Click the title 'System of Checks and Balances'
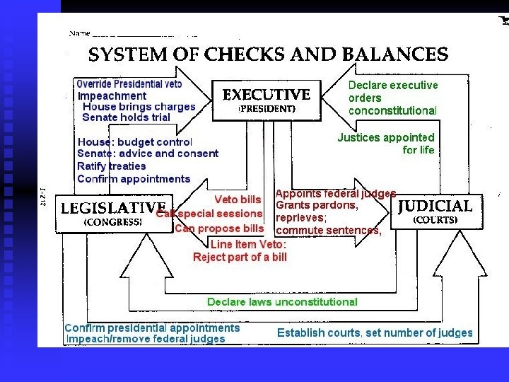coord(268,55)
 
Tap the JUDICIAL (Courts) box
coord(435,212)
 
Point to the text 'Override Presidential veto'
coord(129,84)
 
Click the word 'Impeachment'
coord(112,95)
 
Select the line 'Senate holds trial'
coord(127,117)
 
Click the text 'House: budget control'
coord(134,142)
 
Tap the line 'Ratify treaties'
coord(112,166)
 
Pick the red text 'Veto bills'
coord(238,199)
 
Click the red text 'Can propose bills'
coord(219,228)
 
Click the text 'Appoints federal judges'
coord(335,194)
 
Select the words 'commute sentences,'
coord(329,230)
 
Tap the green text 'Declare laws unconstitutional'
coord(282,302)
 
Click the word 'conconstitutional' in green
coord(392,110)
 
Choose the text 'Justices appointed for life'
coord(386,144)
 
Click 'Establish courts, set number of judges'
coord(375,332)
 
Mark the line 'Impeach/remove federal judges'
coord(145,339)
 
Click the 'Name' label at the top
coord(79,33)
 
